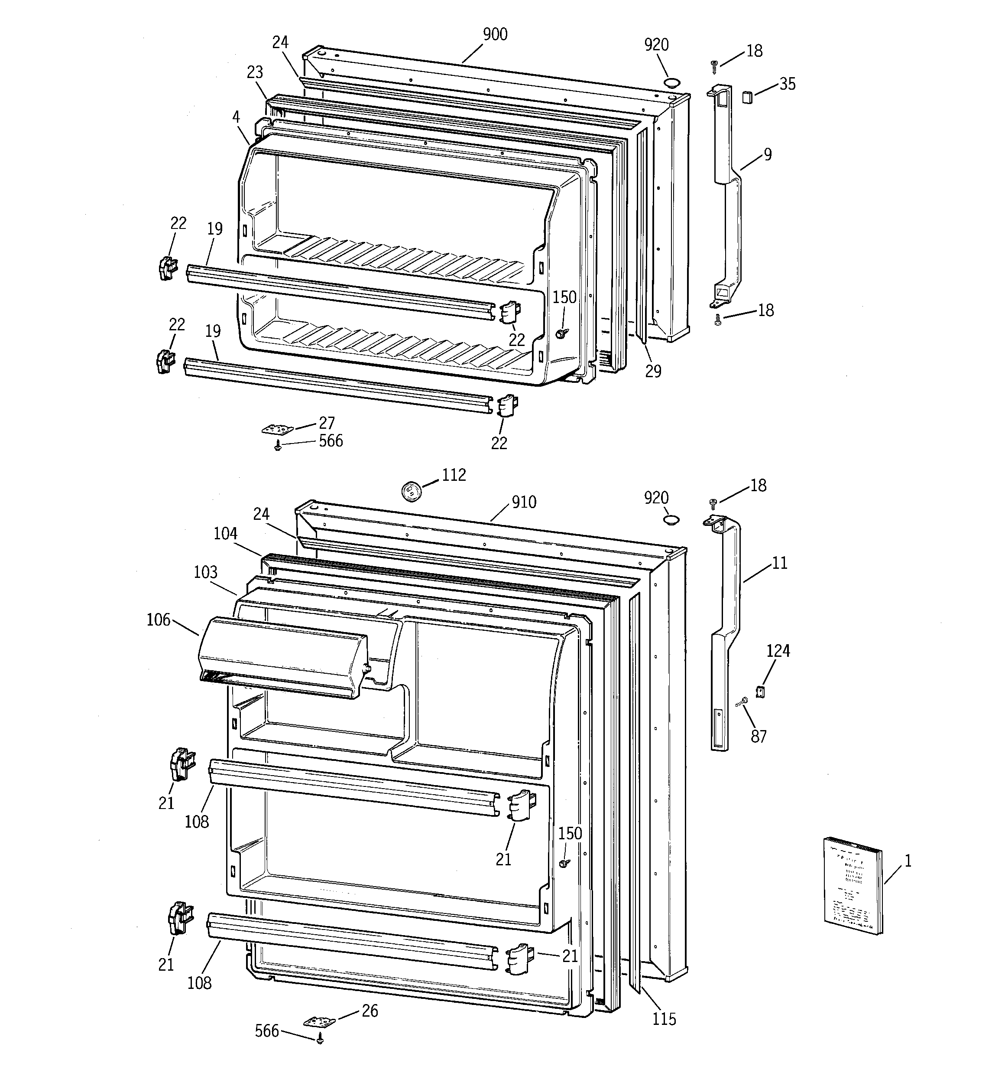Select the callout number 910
[x=524, y=502]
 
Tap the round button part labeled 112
[x=410, y=491]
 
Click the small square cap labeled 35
[x=747, y=97]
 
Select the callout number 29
[x=653, y=372]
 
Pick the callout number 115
[x=664, y=1019]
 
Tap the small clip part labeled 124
[x=761, y=691]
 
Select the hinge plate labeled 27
[x=277, y=429]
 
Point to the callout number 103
[x=205, y=572]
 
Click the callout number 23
[x=255, y=72]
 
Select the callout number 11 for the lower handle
[x=779, y=563]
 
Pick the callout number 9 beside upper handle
[x=767, y=155]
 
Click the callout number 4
[x=236, y=116]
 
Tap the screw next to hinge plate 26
[x=321, y=1038]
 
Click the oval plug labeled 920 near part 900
[x=671, y=82]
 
